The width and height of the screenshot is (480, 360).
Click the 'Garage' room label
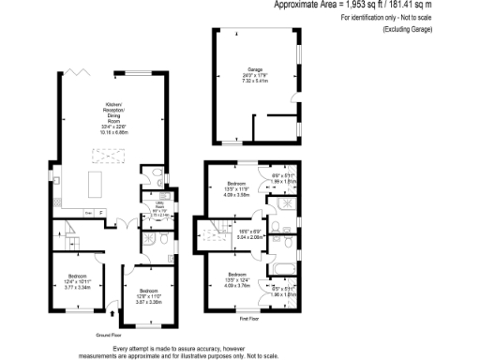click(x=254, y=68)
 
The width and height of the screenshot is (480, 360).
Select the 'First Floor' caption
click(x=248, y=319)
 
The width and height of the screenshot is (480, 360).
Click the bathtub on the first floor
click(x=282, y=269)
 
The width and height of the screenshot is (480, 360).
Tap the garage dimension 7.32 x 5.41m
click(x=254, y=80)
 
